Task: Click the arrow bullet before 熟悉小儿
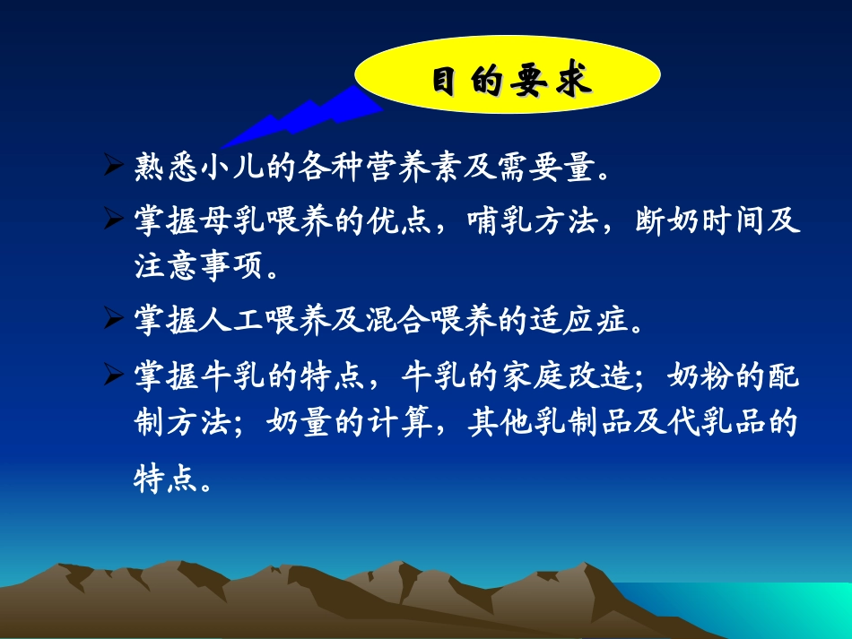pyautogui.click(x=114, y=167)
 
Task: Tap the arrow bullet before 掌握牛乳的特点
pyautogui.click(x=114, y=376)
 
